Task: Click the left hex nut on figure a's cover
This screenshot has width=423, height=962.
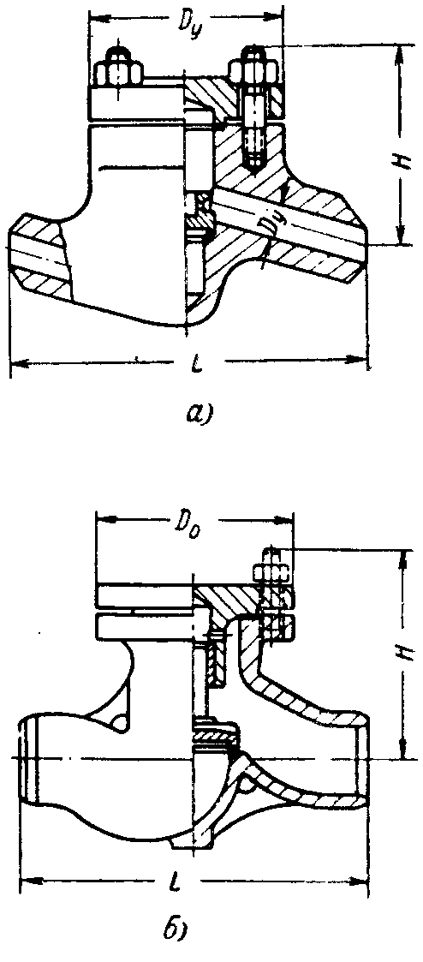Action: point(119,70)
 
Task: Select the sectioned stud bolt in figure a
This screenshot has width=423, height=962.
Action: point(253,107)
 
